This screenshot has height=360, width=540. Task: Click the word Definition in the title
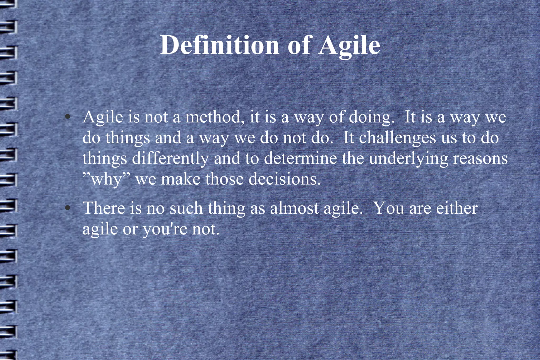pyautogui.click(x=219, y=45)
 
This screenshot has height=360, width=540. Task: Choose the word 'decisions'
pyautogui.click(x=285, y=179)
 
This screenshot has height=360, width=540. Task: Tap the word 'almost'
pyautogui.click(x=294, y=208)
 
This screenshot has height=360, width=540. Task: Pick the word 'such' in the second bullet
pyautogui.click(x=186, y=208)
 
